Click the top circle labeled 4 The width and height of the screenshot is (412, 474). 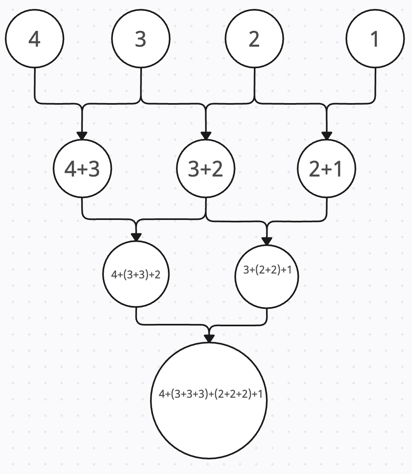34,39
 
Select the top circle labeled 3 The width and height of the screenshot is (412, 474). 141,39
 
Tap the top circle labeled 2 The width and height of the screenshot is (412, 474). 254,39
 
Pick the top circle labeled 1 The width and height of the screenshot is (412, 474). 375,39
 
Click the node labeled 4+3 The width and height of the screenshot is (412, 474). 82,168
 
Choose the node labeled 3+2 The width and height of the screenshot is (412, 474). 206,168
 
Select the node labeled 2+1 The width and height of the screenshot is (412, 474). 326,168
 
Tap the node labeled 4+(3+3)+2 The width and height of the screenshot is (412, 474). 136,274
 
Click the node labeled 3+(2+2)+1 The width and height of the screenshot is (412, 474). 267,276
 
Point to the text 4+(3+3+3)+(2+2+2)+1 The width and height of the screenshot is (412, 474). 210,394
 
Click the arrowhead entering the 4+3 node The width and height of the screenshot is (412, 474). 82,136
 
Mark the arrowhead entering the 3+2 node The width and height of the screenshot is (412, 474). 206,136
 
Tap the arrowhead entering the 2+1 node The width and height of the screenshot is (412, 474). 326,136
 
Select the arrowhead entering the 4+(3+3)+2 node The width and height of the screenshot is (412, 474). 136,237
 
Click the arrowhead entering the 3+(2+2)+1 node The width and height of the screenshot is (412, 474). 267,241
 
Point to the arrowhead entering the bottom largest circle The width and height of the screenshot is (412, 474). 209,338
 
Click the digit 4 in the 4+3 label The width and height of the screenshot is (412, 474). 70,169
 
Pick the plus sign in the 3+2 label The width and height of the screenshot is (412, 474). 206,169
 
